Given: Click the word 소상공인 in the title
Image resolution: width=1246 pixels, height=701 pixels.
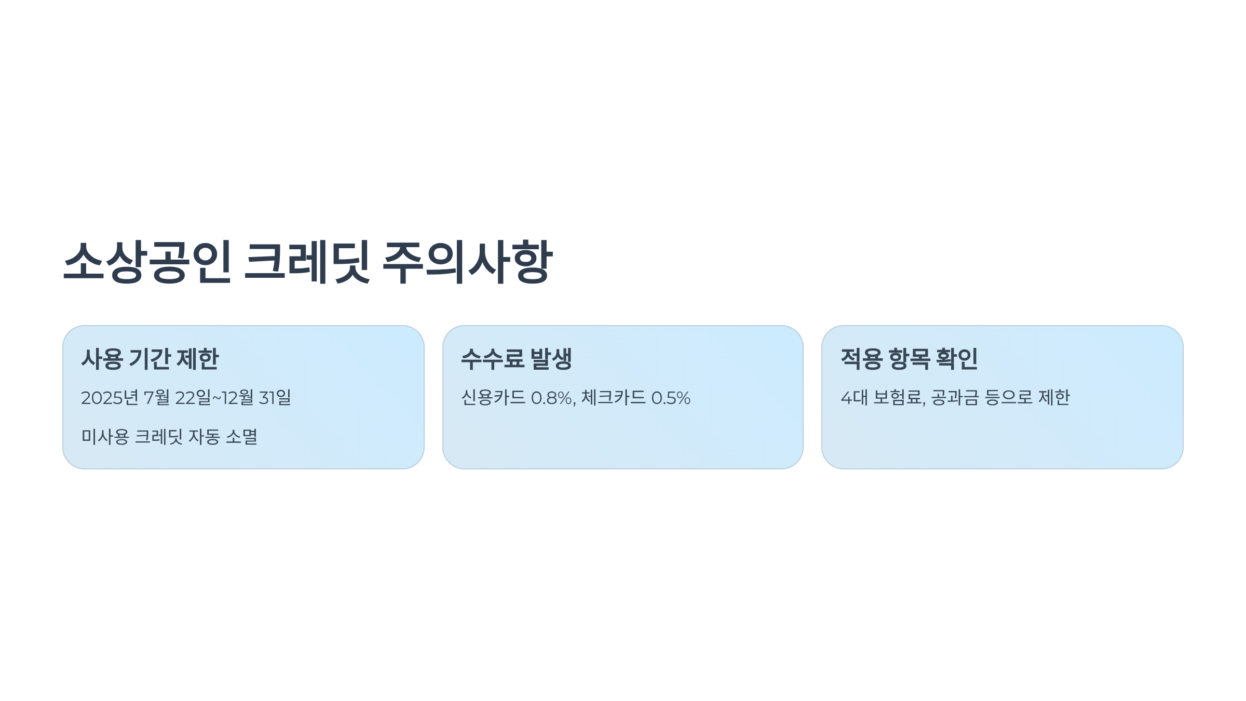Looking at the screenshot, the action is click(147, 262).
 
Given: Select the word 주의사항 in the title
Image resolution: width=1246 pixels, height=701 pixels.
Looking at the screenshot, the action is click(467, 262).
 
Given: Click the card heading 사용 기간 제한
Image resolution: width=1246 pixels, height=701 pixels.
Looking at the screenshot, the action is click(150, 359).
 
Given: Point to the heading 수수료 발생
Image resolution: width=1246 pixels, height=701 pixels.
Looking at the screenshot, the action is click(516, 359).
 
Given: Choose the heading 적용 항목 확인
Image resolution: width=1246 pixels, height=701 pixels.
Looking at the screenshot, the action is click(909, 359).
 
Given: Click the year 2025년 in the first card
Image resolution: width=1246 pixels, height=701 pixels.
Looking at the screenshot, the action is click(110, 398).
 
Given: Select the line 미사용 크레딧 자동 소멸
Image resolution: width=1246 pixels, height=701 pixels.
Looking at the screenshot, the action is click(169, 437).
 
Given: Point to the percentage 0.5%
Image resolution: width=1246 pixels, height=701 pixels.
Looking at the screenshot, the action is click(671, 398).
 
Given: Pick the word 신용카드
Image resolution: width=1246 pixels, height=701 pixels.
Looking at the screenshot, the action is click(493, 398).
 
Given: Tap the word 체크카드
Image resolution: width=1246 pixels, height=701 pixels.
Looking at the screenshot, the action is click(613, 398).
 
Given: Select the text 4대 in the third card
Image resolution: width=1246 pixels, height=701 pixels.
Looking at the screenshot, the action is click(854, 398).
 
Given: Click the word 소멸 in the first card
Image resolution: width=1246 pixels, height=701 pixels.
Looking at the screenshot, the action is click(241, 437).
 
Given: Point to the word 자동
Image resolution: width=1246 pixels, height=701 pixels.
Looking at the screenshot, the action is click(204, 437).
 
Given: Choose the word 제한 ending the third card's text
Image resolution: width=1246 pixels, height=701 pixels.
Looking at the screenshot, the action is click(1054, 398).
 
